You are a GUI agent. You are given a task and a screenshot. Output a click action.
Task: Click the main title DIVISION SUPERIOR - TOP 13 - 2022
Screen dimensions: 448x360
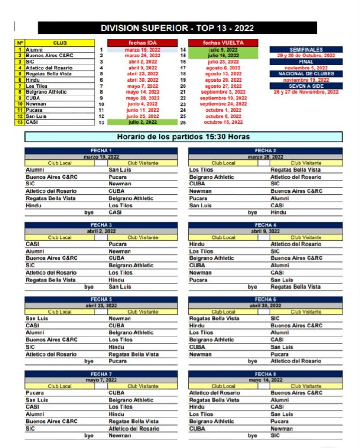tap(177, 28)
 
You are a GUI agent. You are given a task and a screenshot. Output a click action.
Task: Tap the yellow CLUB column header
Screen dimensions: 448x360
tap(60, 43)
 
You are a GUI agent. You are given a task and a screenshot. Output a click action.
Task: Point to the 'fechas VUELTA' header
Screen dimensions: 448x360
tap(223, 43)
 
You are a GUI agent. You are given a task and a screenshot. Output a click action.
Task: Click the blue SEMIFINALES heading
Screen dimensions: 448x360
tap(306, 50)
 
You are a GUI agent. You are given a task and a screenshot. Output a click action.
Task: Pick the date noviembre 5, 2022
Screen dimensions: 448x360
tap(306, 68)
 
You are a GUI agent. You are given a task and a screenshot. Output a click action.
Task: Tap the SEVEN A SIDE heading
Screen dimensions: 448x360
tap(306, 86)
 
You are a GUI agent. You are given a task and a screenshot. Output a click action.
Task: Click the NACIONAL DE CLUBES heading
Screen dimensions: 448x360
tap(306, 74)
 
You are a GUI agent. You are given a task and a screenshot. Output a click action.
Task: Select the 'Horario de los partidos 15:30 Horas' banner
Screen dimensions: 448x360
tap(183, 137)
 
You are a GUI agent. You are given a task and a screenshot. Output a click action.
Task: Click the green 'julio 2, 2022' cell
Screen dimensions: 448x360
tap(142, 122)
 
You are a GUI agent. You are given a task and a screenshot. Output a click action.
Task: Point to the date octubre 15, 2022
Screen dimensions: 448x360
tap(223, 122)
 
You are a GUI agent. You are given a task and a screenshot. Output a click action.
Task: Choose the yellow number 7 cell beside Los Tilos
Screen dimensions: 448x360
tap(20, 86)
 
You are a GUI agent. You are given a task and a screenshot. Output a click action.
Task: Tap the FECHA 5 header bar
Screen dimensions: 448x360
tap(101, 299)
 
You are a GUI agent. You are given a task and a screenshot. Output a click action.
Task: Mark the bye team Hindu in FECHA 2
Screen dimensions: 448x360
tap(278, 213)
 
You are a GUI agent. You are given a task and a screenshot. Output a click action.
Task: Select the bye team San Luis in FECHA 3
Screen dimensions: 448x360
tap(120, 287)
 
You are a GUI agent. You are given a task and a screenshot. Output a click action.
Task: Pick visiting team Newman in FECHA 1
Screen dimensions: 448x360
tap(120, 184)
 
